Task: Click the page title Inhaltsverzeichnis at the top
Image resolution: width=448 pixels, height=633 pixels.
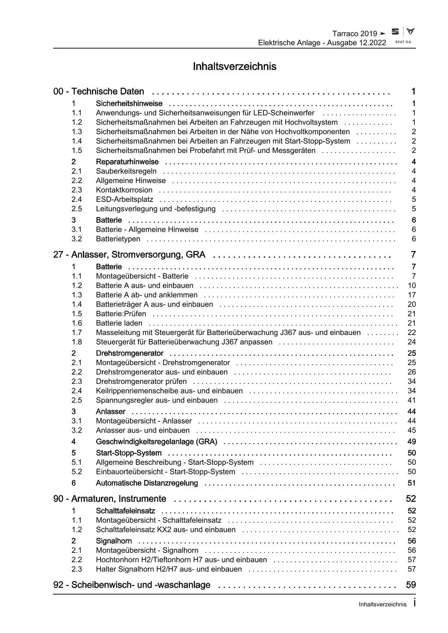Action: point(234,66)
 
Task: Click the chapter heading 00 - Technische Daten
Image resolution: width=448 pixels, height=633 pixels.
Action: point(99,92)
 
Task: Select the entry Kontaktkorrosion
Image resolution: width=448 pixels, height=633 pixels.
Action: point(124,190)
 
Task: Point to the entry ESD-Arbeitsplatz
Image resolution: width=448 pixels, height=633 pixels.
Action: point(124,199)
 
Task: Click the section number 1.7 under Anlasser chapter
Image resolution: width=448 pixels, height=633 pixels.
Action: point(77,333)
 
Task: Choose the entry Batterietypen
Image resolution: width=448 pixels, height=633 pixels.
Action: point(118,239)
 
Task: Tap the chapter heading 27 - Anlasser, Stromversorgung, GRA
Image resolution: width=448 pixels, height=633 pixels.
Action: point(129,255)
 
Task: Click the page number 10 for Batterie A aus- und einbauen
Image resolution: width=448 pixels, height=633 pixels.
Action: point(412,286)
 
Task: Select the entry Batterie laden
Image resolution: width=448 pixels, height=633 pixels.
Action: point(119,323)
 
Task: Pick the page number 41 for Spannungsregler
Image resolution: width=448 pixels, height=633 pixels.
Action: point(412,400)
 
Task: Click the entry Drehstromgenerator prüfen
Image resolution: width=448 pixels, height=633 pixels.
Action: point(141,381)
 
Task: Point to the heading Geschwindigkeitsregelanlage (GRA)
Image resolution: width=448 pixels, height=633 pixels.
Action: point(156,442)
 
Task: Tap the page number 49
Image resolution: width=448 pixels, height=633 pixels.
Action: point(412,442)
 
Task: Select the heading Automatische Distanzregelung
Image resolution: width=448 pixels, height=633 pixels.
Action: point(147,483)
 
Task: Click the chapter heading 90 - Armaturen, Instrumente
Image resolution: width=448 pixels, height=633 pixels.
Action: point(109,499)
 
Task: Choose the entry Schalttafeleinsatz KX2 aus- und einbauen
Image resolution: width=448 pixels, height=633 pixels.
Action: point(165,530)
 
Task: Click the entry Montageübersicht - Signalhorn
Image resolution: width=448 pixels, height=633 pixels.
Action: point(147,550)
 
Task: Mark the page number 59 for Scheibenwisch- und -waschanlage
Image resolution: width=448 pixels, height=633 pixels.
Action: point(411,585)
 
